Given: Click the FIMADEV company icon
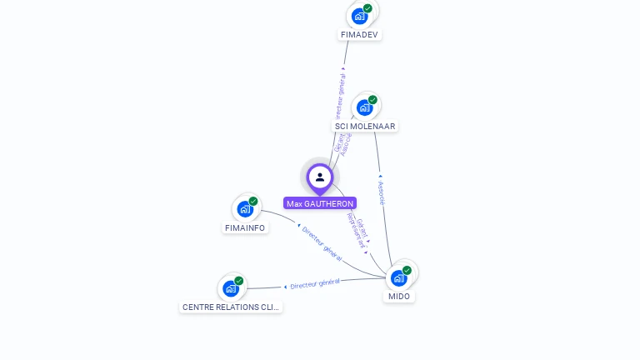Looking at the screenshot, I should click(359, 16).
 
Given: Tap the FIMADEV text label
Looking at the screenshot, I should click(360, 35).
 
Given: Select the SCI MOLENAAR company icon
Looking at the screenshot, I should click(364, 107).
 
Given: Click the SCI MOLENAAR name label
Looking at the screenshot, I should click(365, 127).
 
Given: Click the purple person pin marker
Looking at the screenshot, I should click(320, 177).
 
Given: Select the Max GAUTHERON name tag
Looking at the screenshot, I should click(320, 203).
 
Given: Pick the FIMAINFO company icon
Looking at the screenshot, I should click(245, 208).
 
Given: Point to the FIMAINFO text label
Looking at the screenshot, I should click(245, 227).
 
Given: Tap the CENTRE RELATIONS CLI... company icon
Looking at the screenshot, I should click(231, 288).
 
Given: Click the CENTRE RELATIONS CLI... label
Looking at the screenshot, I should click(231, 307).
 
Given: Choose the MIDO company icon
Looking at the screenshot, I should click(399, 277).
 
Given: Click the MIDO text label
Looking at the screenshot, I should click(399, 296).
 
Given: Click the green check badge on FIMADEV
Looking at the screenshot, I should click(367, 8).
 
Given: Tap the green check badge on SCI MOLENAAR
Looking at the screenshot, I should click(372, 100).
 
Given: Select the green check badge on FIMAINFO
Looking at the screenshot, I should click(253, 201).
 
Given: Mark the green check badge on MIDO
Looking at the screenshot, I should click(407, 270).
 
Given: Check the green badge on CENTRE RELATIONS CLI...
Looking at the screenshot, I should click(238, 281).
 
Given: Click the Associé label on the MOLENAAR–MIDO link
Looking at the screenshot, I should click(381, 192).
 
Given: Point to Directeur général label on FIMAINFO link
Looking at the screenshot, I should click(322, 242).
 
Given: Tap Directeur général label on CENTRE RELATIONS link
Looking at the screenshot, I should click(314, 284).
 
